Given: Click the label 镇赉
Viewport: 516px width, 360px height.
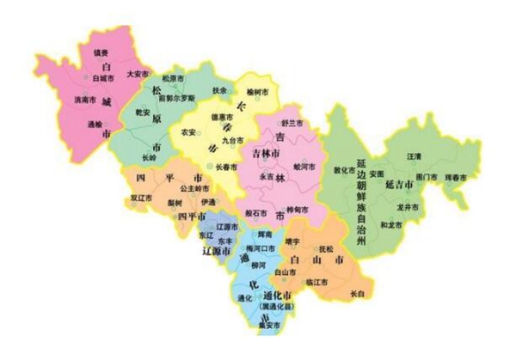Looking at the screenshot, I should pyautogui.click(x=100, y=52).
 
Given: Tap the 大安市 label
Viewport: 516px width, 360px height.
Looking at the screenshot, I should pyautogui.click(x=138, y=75).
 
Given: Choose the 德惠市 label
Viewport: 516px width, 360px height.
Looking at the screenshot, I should pyautogui.click(x=221, y=117).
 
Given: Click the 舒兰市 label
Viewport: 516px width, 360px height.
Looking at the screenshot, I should pyautogui.click(x=293, y=125).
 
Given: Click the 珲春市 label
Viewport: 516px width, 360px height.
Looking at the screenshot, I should pyautogui.click(x=456, y=177).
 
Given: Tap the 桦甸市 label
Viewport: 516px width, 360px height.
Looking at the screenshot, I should pyautogui.click(x=298, y=210).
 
